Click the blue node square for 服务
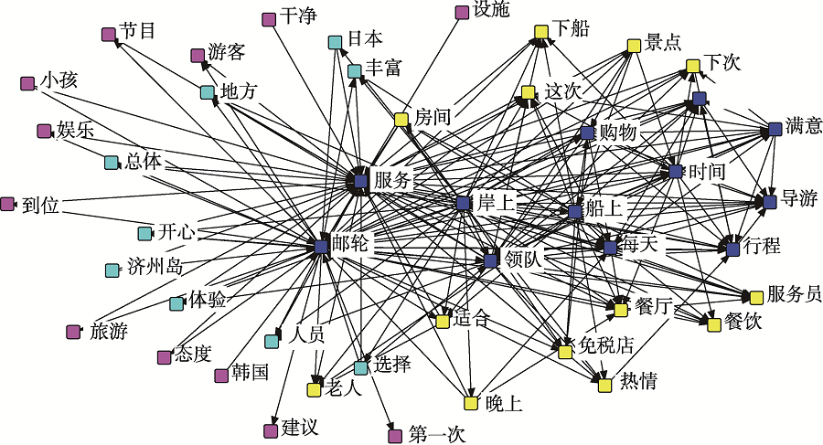point(359,182)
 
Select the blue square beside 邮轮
point(321,247)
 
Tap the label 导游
point(798,198)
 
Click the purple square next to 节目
point(109,35)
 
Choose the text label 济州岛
point(155,268)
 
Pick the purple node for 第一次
point(395,436)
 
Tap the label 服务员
point(794,294)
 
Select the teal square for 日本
point(336,42)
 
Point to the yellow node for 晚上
point(470,402)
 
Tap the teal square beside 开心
point(144,233)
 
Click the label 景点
point(662,43)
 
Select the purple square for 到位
point(9,204)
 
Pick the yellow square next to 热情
point(604,386)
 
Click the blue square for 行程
point(732,248)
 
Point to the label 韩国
point(250,373)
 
